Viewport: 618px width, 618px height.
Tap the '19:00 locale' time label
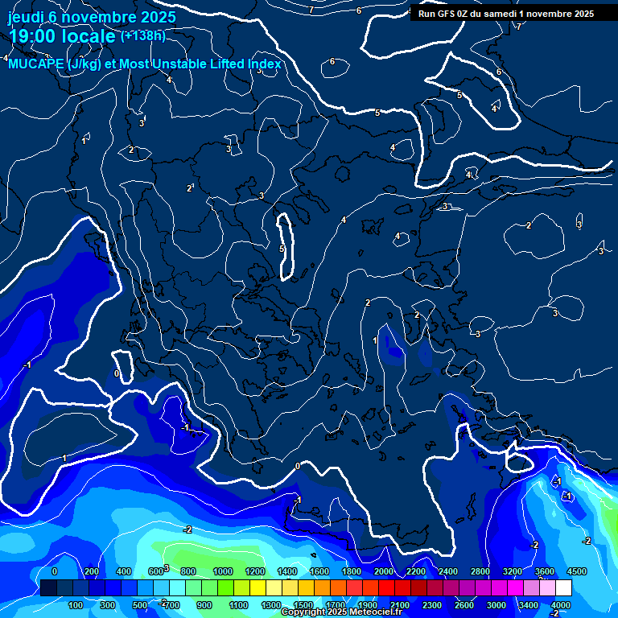tap(61, 35)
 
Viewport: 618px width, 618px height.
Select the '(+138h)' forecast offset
tap(143, 35)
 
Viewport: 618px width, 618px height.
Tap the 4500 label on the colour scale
tap(576, 571)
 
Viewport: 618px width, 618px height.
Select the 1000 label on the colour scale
tap(223, 571)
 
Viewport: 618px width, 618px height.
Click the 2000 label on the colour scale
tap(384, 571)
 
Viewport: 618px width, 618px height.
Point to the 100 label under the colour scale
tap(76, 605)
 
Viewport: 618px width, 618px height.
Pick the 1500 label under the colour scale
tap(303, 605)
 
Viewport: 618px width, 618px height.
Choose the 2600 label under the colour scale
tap(464, 605)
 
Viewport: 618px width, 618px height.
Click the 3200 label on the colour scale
tap(513, 571)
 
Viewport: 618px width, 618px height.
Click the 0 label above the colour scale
tap(54, 571)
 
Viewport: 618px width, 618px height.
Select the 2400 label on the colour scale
tap(448, 571)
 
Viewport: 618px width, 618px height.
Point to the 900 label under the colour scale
tap(205, 605)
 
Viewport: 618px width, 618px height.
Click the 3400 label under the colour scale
tap(529, 605)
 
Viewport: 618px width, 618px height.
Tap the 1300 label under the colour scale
tap(271, 605)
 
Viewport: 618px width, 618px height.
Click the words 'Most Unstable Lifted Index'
tap(200, 64)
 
